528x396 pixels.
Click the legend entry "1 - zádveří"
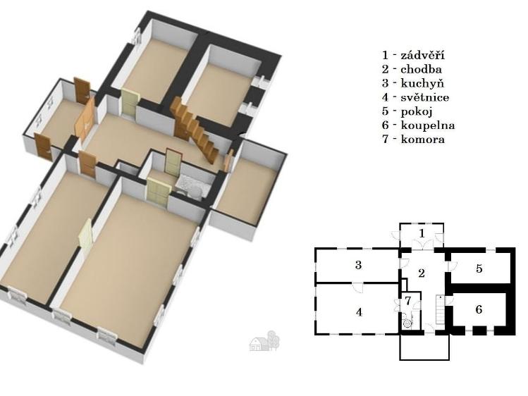[x=413, y=55]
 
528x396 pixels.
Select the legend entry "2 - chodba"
[x=412, y=69]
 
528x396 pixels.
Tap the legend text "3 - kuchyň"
[x=413, y=83]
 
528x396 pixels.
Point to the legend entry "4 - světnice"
[x=415, y=97]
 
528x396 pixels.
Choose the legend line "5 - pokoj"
[x=407, y=111]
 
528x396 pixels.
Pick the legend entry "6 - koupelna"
[x=418, y=125]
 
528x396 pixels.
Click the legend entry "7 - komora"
[x=413, y=139]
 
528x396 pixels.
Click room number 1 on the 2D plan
[x=422, y=233]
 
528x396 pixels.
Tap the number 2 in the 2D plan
[x=422, y=273]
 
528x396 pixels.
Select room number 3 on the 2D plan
[x=358, y=265]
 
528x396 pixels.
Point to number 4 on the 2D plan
[x=359, y=312]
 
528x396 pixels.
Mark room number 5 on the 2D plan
[x=479, y=268]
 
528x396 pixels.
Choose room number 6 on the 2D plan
[x=479, y=309]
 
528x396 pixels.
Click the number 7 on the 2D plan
[x=408, y=300]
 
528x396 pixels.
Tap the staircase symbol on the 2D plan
[x=441, y=309]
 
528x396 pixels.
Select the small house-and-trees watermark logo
[x=264, y=341]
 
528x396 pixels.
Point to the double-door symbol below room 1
[x=422, y=244]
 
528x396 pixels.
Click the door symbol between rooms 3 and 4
[x=358, y=287]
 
